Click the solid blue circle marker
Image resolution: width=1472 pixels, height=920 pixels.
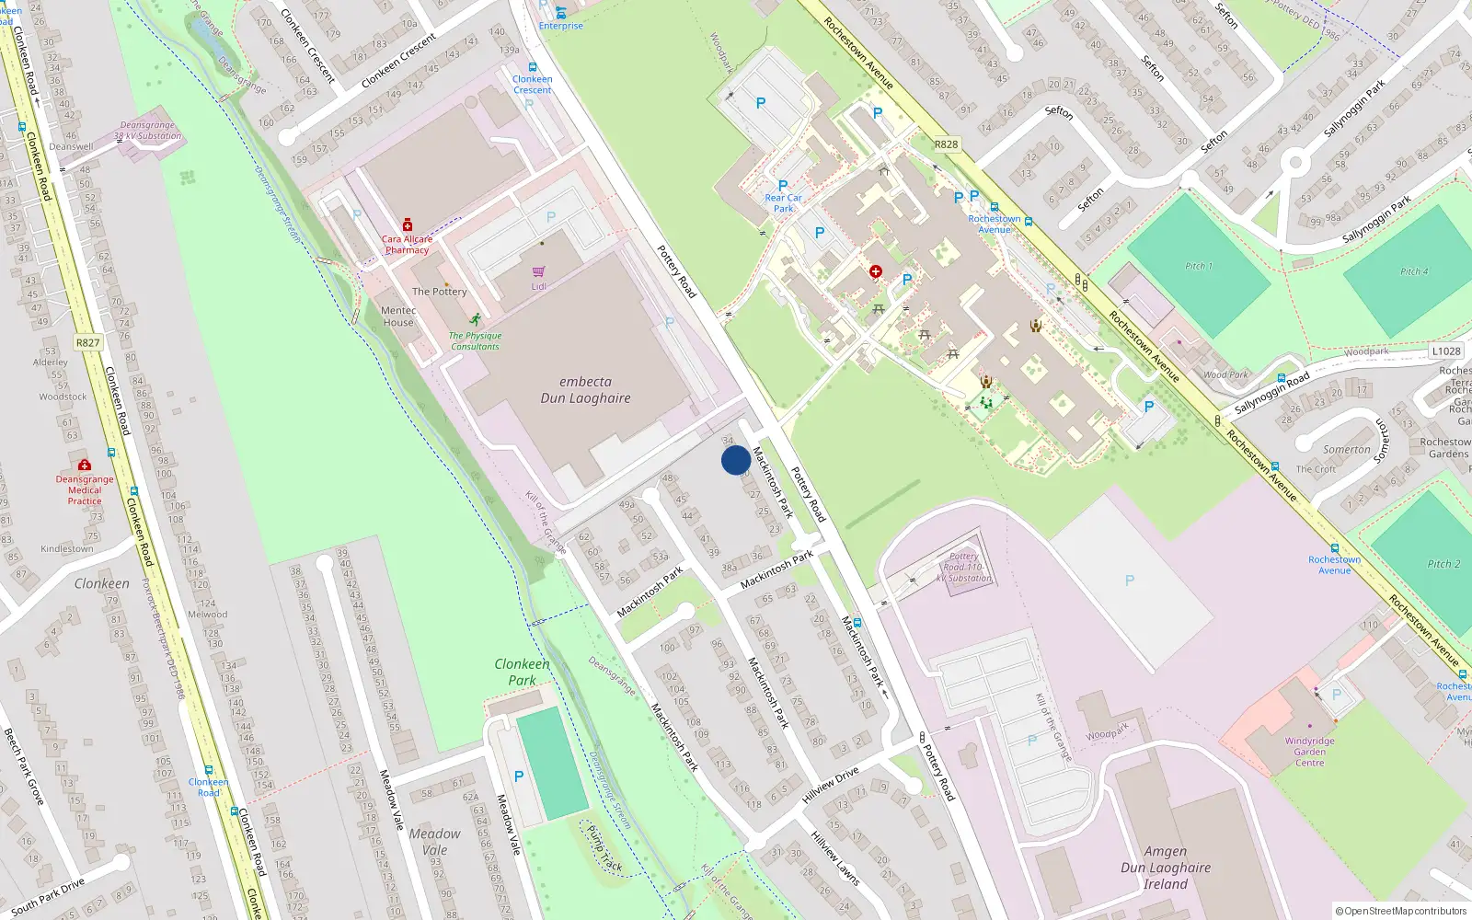tap(736, 460)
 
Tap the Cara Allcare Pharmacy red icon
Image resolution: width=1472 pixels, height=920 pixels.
tap(408, 225)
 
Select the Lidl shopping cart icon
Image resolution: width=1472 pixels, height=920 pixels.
tap(538, 272)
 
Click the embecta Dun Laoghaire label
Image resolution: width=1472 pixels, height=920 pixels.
tap(585, 390)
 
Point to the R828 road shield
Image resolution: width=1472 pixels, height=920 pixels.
tap(946, 144)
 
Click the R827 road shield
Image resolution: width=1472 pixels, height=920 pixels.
tap(87, 342)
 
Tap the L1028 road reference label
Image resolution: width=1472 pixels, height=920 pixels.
tap(1445, 351)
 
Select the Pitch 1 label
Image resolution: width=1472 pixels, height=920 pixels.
tap(1199, 266)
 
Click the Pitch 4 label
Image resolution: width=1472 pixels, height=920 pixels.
tap(1414, 271)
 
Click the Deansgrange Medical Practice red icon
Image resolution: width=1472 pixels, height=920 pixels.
tap(85, 466)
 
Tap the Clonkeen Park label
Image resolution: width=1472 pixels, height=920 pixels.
tap(522, 672)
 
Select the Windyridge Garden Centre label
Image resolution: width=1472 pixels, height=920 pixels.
tap(1309, 752)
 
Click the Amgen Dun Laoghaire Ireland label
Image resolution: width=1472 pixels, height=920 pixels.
tap(1166, 868)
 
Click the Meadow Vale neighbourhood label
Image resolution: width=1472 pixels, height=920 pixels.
tap(434, 842)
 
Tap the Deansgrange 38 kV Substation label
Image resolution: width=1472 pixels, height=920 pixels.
tap(147, 131)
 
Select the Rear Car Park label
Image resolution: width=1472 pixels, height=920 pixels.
tap(783, 203)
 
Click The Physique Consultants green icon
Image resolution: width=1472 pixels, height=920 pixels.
tap(475, 320)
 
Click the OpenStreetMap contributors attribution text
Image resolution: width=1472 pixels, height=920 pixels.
tap(1400, 911)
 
